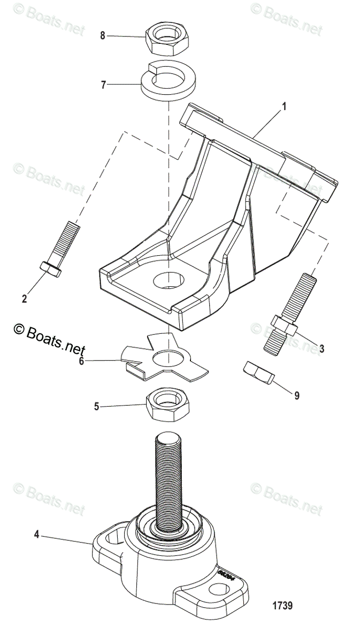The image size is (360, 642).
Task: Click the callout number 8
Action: point(103,35)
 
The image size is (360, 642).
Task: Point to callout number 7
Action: point(104,84)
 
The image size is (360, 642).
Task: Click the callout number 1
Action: point(284,106)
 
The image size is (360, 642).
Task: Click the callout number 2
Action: point(24,299)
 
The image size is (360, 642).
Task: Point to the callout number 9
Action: point(297,396)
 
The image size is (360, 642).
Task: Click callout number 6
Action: point(81,361)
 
